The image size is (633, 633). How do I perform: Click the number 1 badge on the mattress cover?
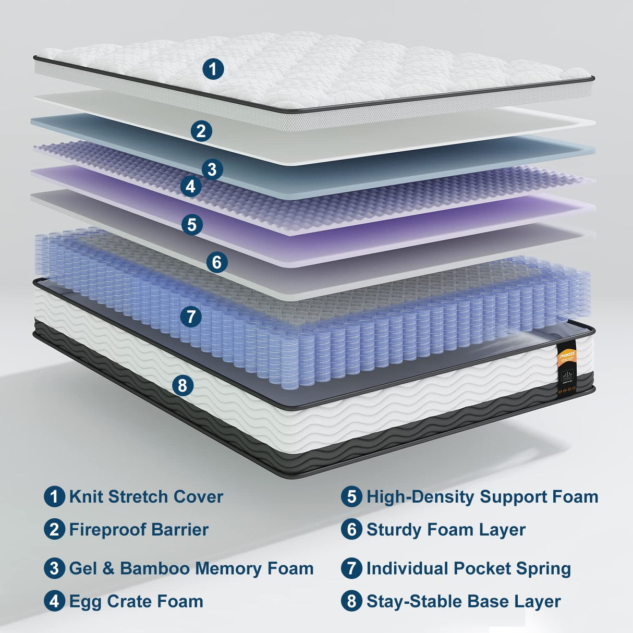click(x=213, y=69)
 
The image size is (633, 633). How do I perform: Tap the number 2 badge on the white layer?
click(x=201, y=131)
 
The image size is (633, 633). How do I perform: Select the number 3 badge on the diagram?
click(x=212, y=169)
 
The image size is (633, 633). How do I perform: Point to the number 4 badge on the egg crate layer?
click(x=191, y=186)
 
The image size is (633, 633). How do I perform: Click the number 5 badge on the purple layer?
click(x=192, y=225)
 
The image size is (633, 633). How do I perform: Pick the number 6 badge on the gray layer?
click(x=217, y=262)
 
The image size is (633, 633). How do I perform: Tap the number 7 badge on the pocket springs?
click(x=191, y=316)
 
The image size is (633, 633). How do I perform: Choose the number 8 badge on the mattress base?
click(x=182, y=386)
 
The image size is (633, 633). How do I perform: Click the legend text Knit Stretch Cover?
click(x=146, y=497)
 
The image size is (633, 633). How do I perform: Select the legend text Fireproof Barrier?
click(x=139, y=530)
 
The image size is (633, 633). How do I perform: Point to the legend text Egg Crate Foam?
click(x=136, y=601)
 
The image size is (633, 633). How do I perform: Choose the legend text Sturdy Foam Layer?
click(x=446, y=530)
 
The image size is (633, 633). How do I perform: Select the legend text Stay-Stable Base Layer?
click(x=464, y=601)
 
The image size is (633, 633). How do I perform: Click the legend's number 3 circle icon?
click(x=54, y=568)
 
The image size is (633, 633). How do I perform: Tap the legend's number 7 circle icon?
click(x=351, y=568)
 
